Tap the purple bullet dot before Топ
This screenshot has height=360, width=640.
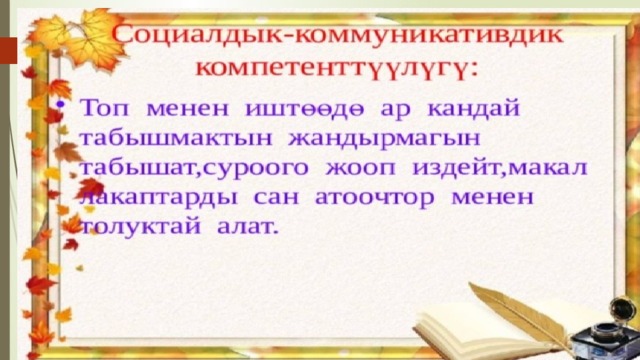coord(60,104)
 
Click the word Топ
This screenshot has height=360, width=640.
coord(104,109)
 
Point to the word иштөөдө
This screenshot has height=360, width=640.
coord(304,109)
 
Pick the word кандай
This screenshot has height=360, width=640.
coord(474,108)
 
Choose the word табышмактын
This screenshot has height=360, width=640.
coord(176,138)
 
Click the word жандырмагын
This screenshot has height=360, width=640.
coord(384,138)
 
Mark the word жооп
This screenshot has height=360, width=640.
coord(360,168)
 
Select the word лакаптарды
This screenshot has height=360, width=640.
coord(158,198)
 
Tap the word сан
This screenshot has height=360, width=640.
coord(276,198)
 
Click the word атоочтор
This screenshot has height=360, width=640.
coord(375,198)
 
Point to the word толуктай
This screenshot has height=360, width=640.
coord(141,226)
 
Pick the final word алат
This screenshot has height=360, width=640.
coord(248,226)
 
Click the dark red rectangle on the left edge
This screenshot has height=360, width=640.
coord(9,51)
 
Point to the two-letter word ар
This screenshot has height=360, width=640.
coord(396,110)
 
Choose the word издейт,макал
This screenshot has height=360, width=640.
coord(500,168)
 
